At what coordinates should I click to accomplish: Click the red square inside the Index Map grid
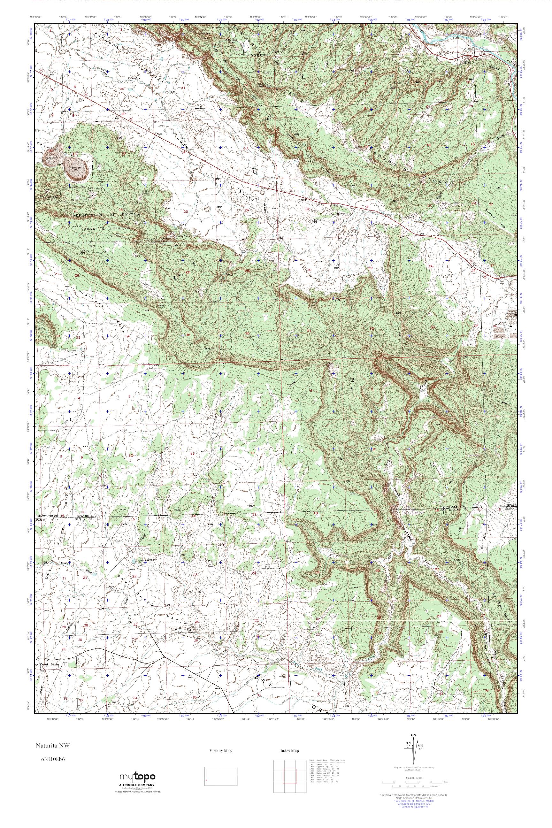tap(290, 777)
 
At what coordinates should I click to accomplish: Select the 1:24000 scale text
tap(414, 778)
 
